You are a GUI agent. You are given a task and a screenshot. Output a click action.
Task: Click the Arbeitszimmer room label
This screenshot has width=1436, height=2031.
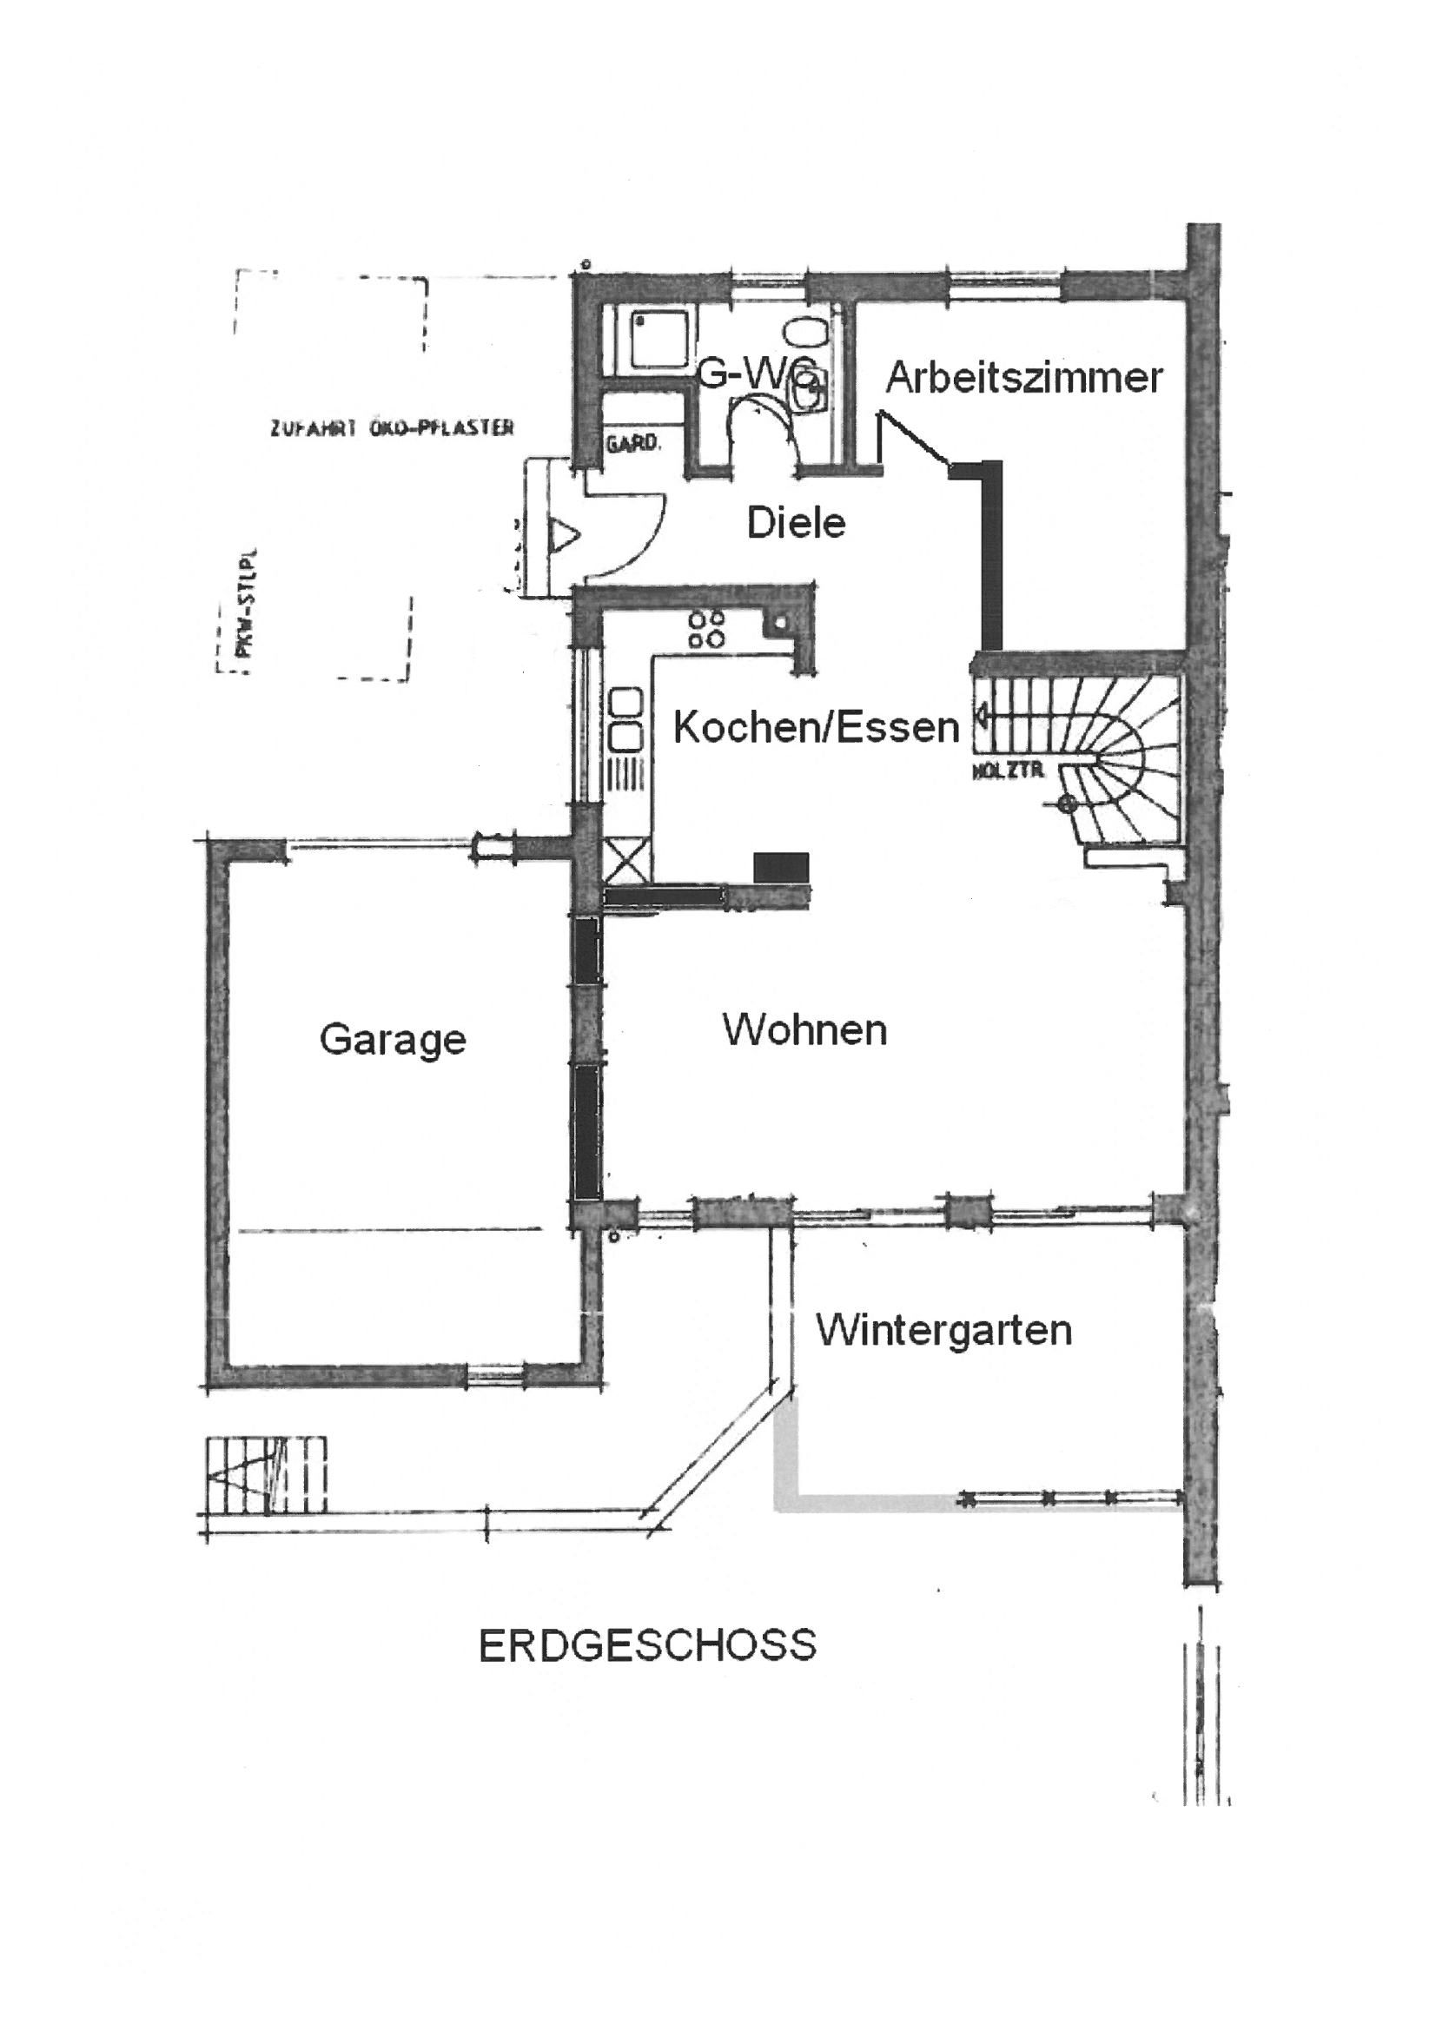tap(1023, 378)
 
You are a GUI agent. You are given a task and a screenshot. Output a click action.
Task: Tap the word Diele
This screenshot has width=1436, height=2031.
tap(797, 523)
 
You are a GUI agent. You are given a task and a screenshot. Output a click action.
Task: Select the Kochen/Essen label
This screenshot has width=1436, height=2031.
tap(816, 727)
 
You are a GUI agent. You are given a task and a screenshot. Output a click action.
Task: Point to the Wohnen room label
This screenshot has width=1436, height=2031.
tap(804, 1029)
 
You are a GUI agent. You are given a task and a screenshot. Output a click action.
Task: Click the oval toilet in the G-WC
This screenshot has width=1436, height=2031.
tap(804, 334)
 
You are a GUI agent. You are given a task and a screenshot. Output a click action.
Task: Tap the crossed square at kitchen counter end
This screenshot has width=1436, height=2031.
tap(627, 858)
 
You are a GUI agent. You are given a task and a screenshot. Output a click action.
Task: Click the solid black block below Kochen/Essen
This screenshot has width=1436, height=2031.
tap(781, 866)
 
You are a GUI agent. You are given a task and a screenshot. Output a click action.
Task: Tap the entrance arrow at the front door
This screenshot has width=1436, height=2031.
tap(563, 534)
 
